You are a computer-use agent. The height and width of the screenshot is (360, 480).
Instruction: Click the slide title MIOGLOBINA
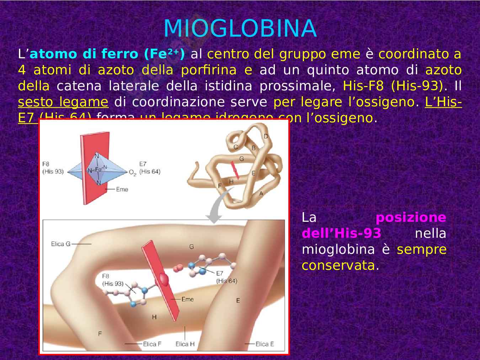pos(240,28)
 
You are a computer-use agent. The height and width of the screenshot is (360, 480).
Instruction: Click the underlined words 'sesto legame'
pos(63,102)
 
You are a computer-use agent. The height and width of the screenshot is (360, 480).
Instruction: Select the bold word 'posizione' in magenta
pos(411,217)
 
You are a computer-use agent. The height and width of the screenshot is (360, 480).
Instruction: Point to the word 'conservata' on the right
pos(338,265)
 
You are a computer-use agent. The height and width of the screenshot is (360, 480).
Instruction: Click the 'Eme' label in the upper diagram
pos(122,189)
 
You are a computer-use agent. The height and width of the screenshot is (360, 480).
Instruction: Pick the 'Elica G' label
pos(60,244)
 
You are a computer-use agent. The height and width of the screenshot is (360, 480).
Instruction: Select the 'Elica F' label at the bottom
pos(152,344)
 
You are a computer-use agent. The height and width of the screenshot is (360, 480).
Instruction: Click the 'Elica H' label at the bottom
pos(185,344)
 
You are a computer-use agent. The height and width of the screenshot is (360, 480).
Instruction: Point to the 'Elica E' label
pos(265,344)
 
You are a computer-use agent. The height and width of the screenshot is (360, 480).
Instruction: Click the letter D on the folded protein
pos(266,136)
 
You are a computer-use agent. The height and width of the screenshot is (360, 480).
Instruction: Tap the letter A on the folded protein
pos(261,194)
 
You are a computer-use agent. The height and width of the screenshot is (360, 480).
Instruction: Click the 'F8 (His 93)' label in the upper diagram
pos(53,168)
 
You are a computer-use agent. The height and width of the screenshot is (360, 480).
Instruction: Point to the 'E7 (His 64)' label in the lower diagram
pos(226,277)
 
